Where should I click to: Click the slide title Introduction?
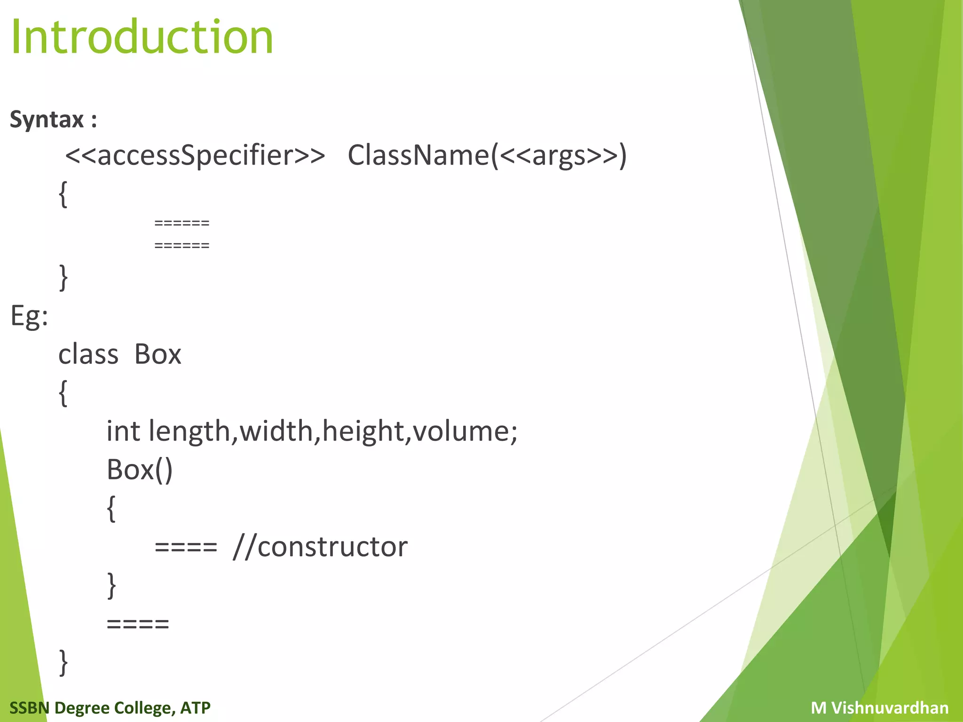click(x=142, y=37)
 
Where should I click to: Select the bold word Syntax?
click(x=47, y=119)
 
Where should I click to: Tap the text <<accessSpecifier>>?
click(x=195, y=155)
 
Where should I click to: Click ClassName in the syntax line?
click(x=418, y=155)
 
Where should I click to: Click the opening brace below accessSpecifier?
click(x=63, y=195)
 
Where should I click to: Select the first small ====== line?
click(x=182, y=223)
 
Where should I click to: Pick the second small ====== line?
click(x=182, y=245)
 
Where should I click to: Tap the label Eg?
click(x=29, y=316)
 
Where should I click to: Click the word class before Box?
click(x=88, y=354)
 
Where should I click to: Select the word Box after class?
click(x=158, y=354)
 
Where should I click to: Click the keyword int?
click(x=123, y=431)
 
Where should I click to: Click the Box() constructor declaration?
click(x=140, y=470)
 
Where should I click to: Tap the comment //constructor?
click(x=320, y=547)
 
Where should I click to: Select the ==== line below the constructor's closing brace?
click(x=138, y=624)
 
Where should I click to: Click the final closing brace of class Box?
click(x=63, y=662)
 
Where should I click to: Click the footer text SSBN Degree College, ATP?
click(x=110, y=707)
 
